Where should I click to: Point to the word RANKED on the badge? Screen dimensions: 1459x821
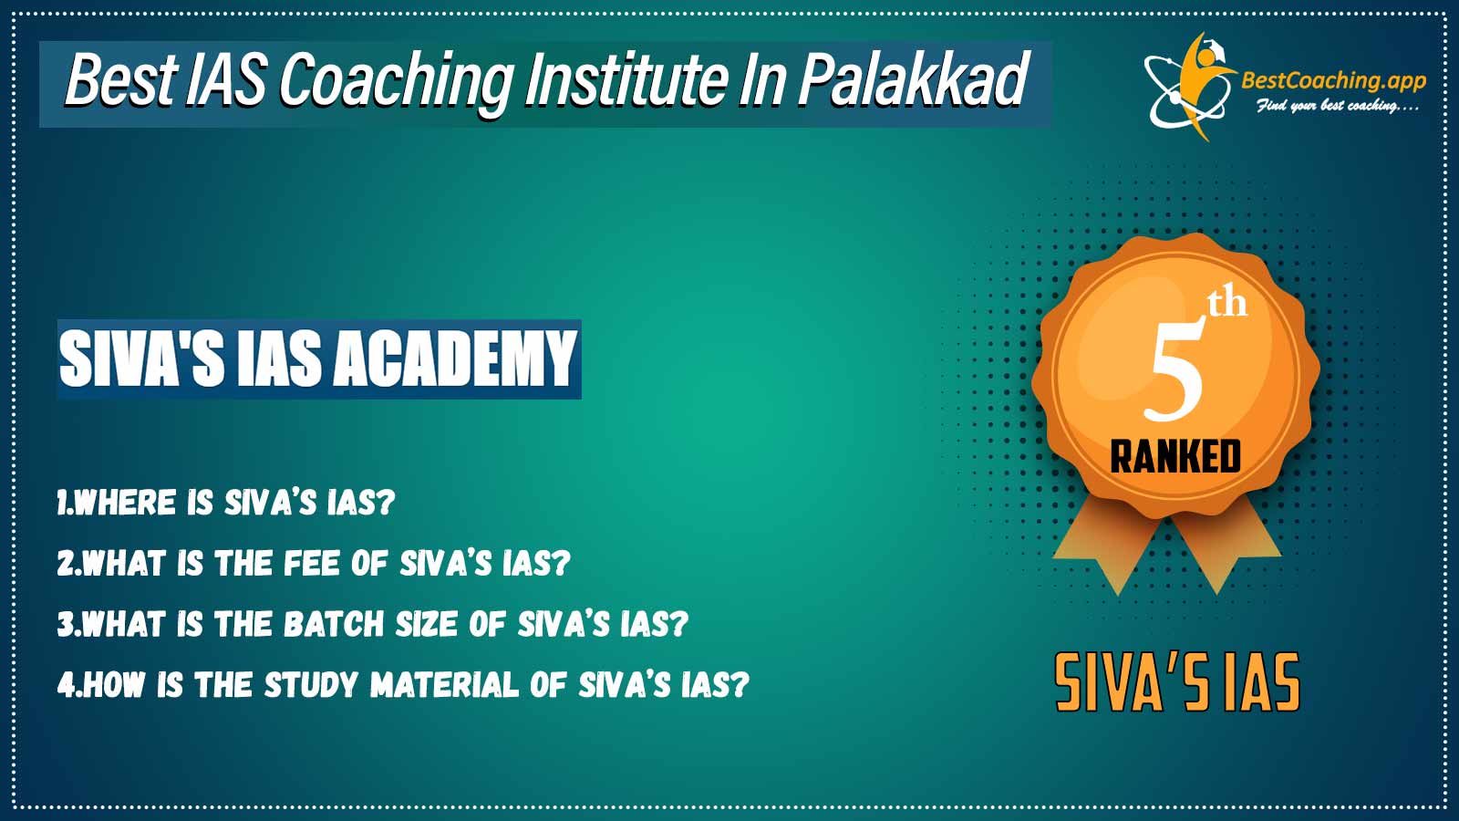click(x=1175, y=456)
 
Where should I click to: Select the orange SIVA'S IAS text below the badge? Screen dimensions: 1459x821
click(x=1177, y=682)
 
